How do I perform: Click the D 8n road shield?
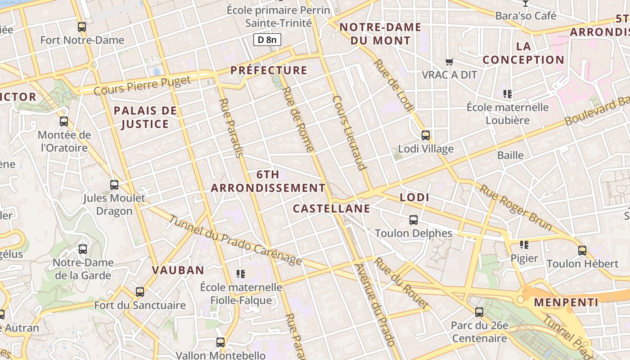pyautogui.click(x=267, y=40)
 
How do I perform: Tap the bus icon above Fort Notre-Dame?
pyautogui.click(x=81, y=27)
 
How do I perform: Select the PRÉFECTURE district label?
pyautogui.click(x=269, y=70)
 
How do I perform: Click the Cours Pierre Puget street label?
pyautogui.click(x=142, y=85)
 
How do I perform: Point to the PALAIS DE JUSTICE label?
pyautogui.click(x=145, y=117)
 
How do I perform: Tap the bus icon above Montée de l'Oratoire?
pyautogui.click(x=64, y=121)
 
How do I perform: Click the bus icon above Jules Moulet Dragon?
pyautogui.click(x=114, y=184)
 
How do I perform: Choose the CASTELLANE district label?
pyautogui.click(x=331, y=208)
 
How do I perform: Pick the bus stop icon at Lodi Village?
pyautogui.click(x=426, y=135)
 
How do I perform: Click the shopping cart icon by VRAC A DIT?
pyautogui.click(x=449, y=62)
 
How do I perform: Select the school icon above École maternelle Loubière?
pyautogui.click(x=508, y=94)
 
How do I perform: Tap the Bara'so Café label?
pyautogui.click(x=526, y=16)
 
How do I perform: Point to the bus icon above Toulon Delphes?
pyautogui.click(x=414, y=220)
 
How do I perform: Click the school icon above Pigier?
pyautogui.click(x=524, y=245)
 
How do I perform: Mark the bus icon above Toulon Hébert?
pyautogui.click(x=582, y=250)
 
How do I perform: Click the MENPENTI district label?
pyautogui.click(x=566, y=302)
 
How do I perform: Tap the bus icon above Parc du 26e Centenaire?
pyautogui.click(x=479, y=312)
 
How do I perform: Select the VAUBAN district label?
pyautogui.click(x=178, y=270)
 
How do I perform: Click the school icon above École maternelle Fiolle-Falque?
pyautogui.click(x=241, y=274)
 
